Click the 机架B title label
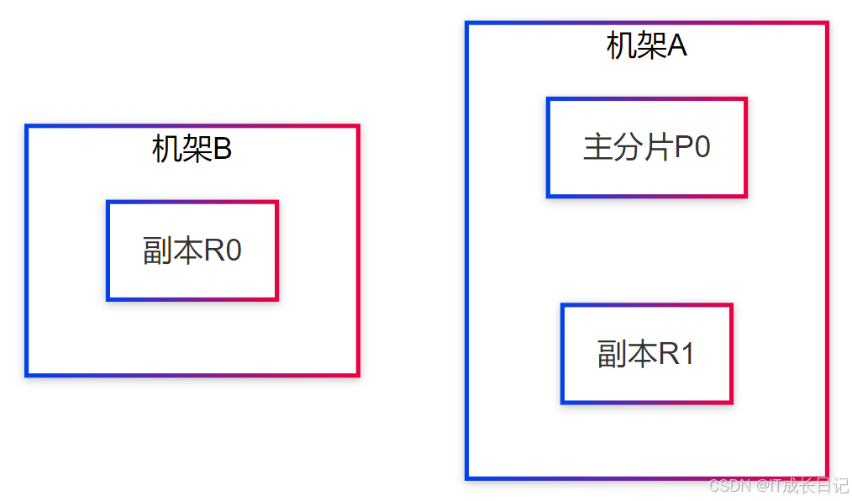pos(192,150)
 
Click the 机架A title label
pos(646,45)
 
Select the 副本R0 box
pos(192,250)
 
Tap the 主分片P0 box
pos(646,148)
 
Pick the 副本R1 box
pos(646,354)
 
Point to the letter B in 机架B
pos(222,150)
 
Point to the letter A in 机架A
pos(677,46)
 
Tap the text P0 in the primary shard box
pos(693,148)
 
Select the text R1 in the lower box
pos(676,354)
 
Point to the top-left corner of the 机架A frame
pos(467,24)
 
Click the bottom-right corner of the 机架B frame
pos(358,375)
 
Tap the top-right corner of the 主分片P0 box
pos(745,99)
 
